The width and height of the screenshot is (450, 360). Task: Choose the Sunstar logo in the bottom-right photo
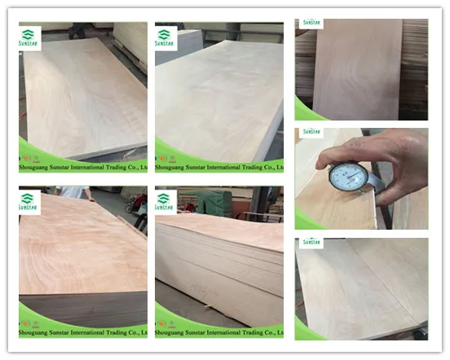[311, 242]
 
